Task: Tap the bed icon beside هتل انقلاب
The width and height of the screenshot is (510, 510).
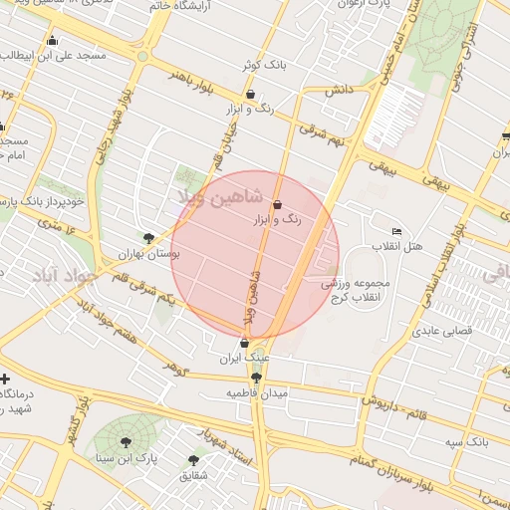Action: pyautogui.click(x=397, y=231)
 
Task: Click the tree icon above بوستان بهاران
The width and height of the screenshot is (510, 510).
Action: pyautogui.click(x=148, y=238)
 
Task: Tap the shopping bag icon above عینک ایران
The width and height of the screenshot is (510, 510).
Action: pyautogui.click(x=244, y=343)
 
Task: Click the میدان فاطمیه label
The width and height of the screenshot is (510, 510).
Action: pyautogui.click(x=256, y=393)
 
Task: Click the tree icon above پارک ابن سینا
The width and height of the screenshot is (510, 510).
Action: pyautogui.click(x=127, y=442)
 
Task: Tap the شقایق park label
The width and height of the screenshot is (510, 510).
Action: pyautogui.click(x=194, y=475)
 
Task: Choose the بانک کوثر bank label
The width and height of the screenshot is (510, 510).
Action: pyautogui.click(x=263, y=65)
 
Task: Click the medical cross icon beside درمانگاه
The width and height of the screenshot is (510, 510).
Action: pyautogui.click(x=6, y=380)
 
